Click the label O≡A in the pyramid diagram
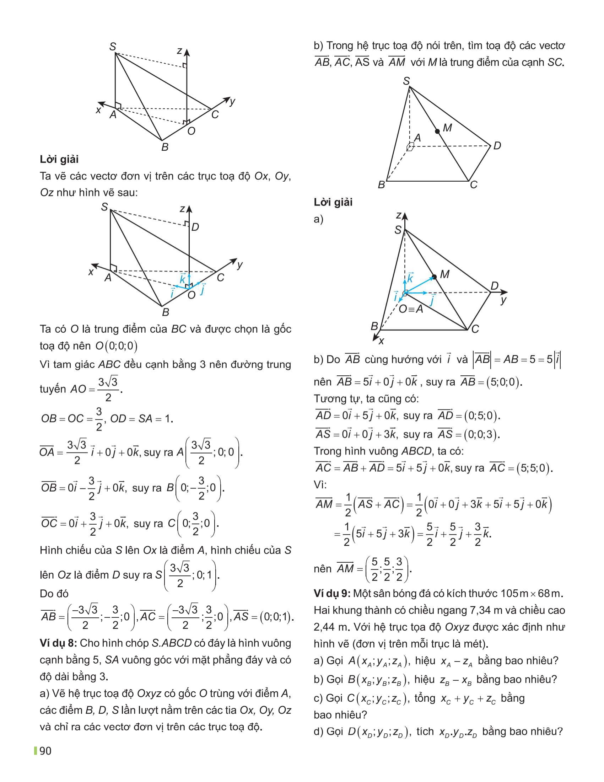click(x=411, y=309)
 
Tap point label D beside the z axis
click(x=195, y=227)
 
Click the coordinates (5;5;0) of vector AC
click(x=533, y=468)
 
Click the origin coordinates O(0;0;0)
click(x=117, y=346)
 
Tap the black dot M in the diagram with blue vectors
click(x=434, y=277)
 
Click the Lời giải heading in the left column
click(x=59, y=159)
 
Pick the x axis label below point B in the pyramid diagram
click(x=381, y=341)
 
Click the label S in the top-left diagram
click(x=112, y=47)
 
